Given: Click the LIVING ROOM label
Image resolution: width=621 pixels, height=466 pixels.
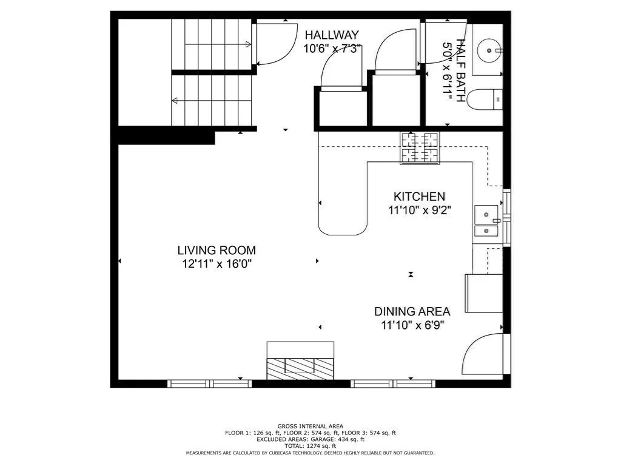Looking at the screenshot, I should (x=217, y=250).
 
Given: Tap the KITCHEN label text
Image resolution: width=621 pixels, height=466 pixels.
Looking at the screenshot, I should (x=420, y=197).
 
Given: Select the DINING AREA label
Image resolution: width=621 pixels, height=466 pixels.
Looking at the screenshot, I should (x=412, y=311).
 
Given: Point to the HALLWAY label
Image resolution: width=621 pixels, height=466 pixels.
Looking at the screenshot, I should (x=332, y=35).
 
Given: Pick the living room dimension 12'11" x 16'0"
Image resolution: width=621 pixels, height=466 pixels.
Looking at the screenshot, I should (x=217, y=264).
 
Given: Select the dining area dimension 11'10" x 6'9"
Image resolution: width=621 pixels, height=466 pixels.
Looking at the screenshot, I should (x=412, y=325).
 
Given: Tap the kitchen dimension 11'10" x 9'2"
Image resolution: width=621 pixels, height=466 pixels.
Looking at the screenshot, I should (x=420, y=211).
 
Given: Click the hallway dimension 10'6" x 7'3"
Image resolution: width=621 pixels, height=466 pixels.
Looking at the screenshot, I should (x=332, y=49).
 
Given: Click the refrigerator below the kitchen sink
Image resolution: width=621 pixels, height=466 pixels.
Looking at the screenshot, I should (x=484, y=293).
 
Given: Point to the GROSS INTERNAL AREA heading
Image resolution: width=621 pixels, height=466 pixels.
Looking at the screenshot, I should (x=310, y=427).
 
